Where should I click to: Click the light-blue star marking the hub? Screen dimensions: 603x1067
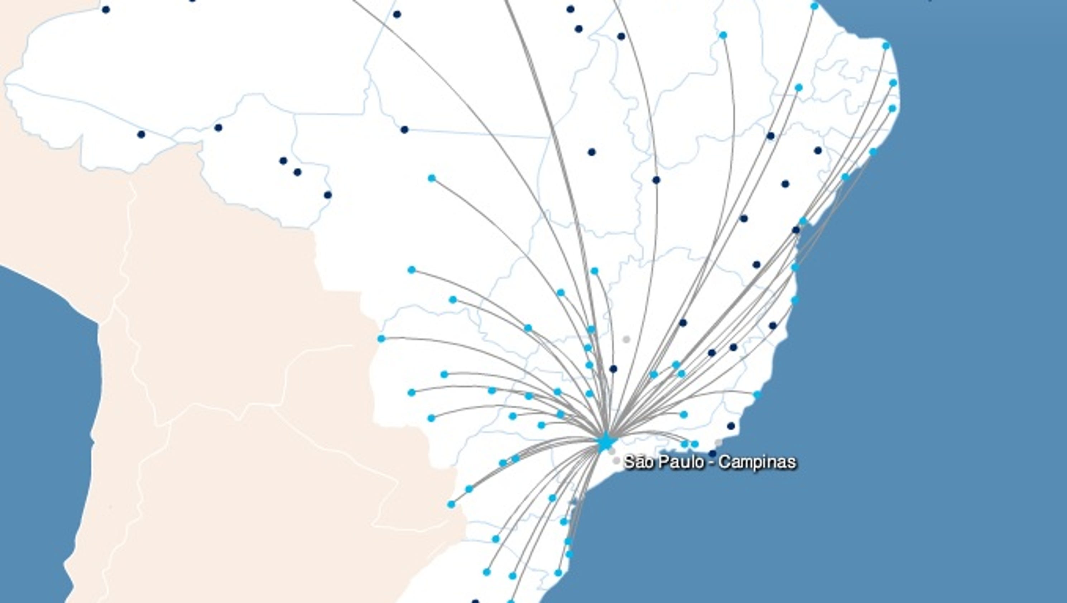pos(605,442)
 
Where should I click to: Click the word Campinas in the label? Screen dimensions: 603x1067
pos(757,462)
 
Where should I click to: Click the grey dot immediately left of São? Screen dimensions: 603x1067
pos(616,460)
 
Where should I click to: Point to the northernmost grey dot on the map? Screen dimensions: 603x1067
pos(626,339)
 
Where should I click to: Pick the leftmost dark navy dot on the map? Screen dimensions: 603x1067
pos(106,10)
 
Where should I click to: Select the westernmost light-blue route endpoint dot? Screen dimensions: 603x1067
pos(381,339)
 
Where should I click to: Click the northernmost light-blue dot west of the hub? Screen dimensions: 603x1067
pos(432,178)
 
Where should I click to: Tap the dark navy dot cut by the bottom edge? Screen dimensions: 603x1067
pos(476,601)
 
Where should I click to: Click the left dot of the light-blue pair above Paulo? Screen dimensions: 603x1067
pos(685,444)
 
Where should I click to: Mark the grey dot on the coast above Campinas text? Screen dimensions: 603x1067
pos(718,442)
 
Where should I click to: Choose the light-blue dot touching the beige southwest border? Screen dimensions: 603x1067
pos(451,504)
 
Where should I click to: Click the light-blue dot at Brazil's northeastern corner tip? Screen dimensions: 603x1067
pos(886,46)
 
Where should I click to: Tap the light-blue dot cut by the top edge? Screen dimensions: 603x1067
pos(814,6)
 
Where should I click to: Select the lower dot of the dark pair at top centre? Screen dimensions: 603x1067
pos(579,29)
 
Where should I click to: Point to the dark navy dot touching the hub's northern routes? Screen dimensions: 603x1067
pos(656,180)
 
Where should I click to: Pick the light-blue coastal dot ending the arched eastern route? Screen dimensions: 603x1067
pos(757,394)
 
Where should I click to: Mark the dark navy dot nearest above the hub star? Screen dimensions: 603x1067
pos(613,368)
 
